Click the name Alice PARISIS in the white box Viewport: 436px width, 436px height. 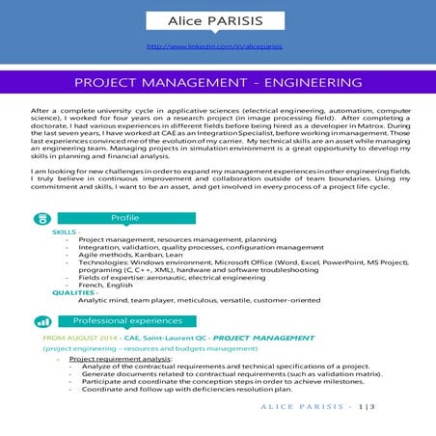click(x=217, y=20)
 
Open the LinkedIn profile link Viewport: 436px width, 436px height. click(x=217, y=45)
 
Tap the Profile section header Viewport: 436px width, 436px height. click(x=125, y=218)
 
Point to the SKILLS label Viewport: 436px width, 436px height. click(x=64, y=232)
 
